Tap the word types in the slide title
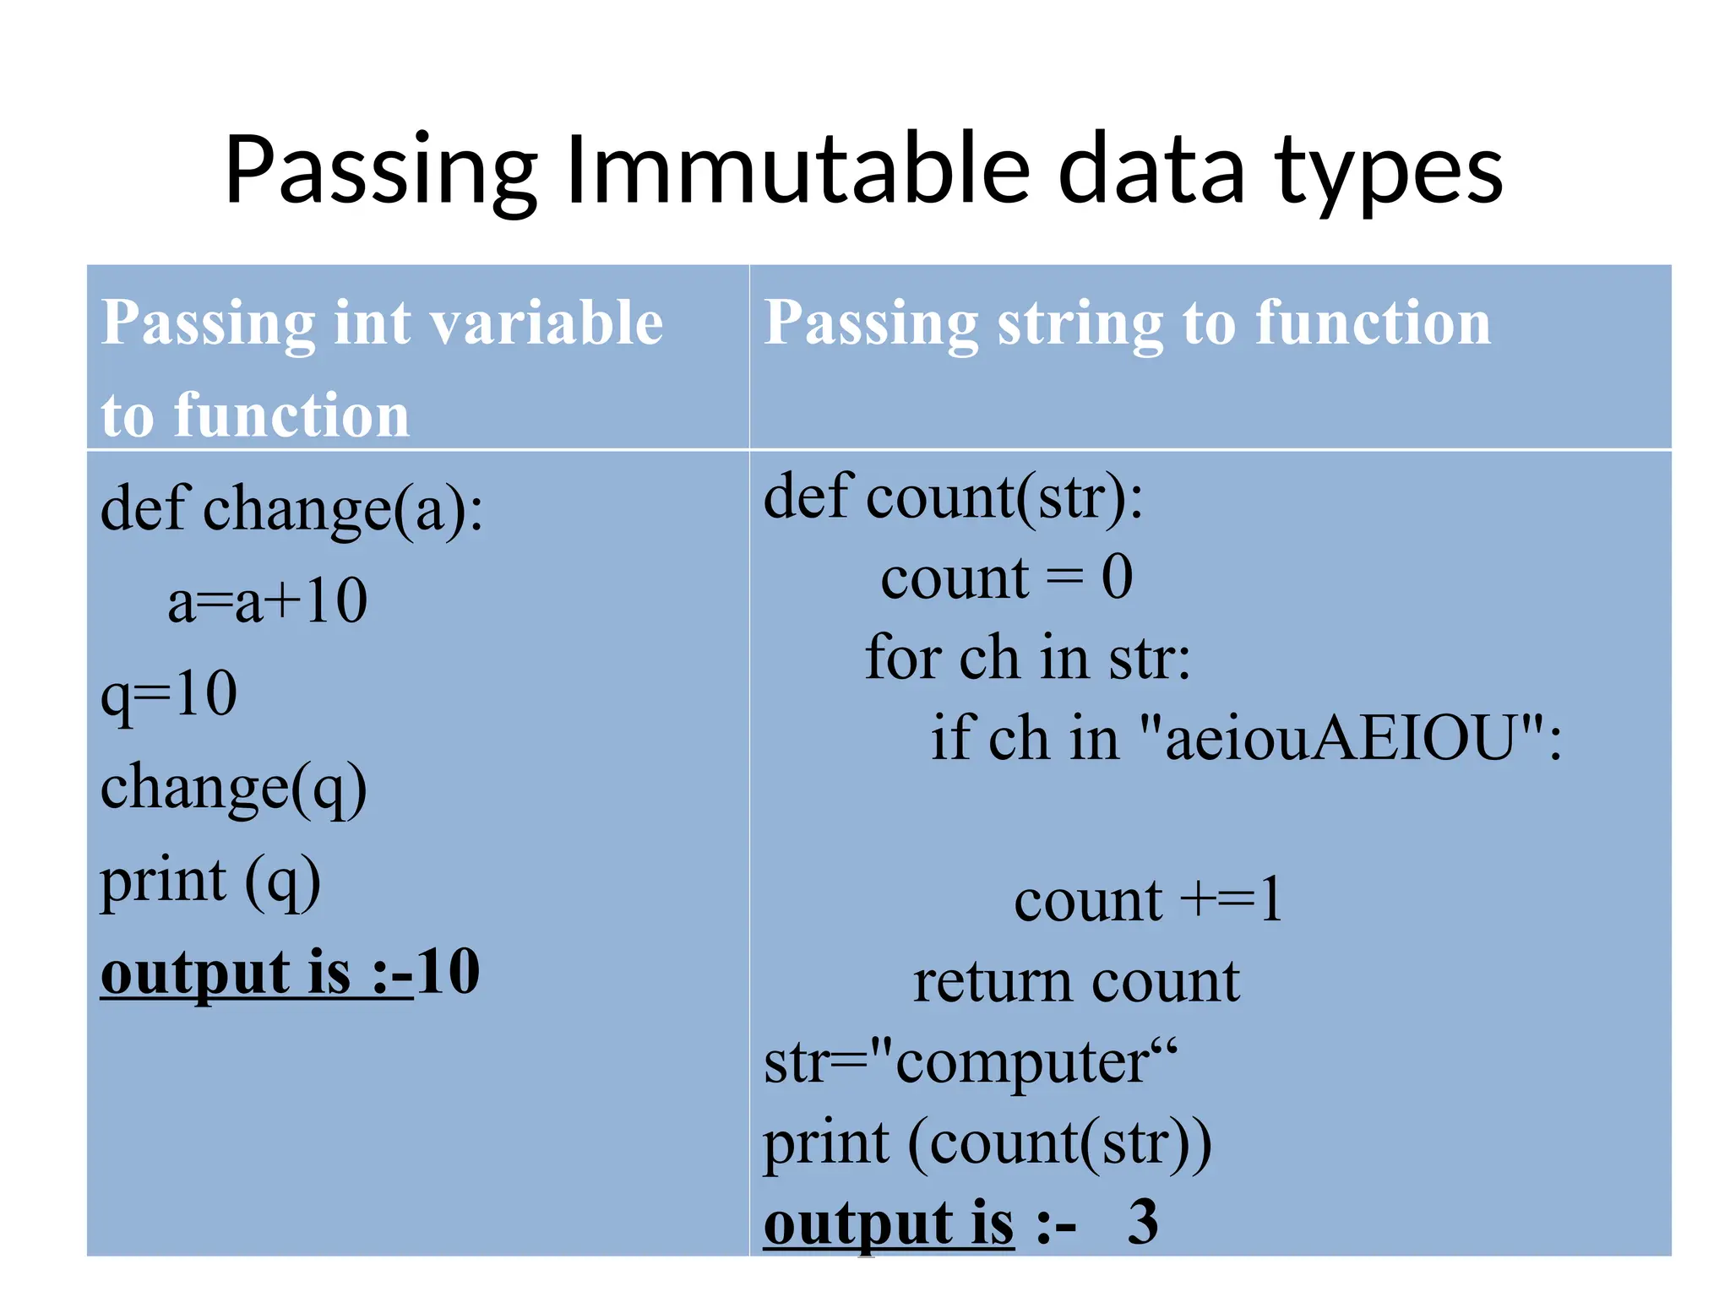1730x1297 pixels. [1389, 173]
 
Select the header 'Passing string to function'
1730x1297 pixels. [1127, 323]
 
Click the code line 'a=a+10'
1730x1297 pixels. [267, 601]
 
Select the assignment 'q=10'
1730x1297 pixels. [169, 695]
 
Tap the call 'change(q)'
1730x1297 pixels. [233, 788]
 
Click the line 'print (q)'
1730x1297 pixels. [210, 881]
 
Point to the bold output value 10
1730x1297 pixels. [449, 973]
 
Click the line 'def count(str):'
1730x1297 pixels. [953, 497]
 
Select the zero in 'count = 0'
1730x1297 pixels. [1117, 578]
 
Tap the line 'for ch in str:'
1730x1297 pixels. [1027, 658]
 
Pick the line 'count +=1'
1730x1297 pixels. [1147, 900]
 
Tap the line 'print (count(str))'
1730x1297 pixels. [987, 1142]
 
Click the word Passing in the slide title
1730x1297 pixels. [381, 173]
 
